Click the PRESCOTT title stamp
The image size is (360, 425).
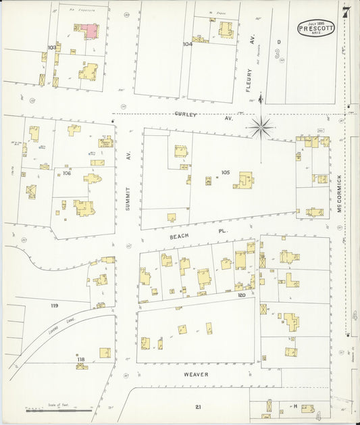315,29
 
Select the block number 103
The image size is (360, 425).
51,47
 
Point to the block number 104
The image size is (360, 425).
187,44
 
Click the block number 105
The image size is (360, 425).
225,172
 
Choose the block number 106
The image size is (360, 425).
67,174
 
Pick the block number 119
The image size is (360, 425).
54,306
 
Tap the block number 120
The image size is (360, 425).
240,295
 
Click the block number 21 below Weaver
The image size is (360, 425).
198,407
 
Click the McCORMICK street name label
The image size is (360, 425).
340,191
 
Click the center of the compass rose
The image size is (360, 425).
261,126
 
